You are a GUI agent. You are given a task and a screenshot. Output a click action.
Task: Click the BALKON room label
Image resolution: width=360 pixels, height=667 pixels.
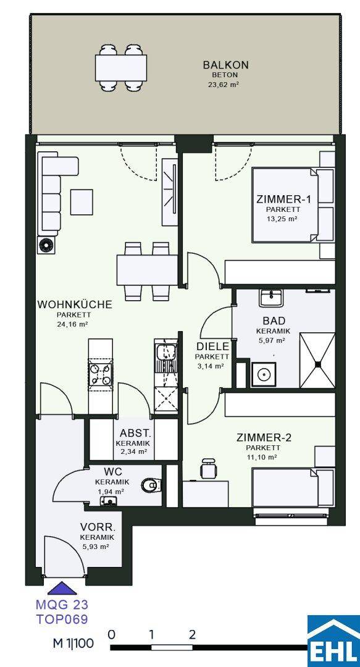225,65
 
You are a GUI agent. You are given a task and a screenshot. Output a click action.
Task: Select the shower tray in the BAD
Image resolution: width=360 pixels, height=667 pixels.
317,361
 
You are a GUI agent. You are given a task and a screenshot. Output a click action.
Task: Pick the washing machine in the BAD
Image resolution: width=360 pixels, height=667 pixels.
264,374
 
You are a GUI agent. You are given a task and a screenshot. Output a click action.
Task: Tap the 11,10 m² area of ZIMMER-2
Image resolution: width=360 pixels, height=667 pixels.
263,457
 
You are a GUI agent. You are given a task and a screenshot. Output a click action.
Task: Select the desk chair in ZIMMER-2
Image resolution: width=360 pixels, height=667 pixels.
209,468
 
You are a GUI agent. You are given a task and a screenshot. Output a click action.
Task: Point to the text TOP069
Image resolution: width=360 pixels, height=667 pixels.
62,618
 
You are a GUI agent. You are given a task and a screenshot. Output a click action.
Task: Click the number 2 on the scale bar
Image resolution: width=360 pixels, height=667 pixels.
192,635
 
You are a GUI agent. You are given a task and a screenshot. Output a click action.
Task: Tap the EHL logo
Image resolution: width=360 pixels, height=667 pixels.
333,641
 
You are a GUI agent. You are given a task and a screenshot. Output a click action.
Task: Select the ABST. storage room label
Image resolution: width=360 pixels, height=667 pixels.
135,434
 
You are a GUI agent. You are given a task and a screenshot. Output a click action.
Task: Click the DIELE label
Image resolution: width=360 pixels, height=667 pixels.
213,346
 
